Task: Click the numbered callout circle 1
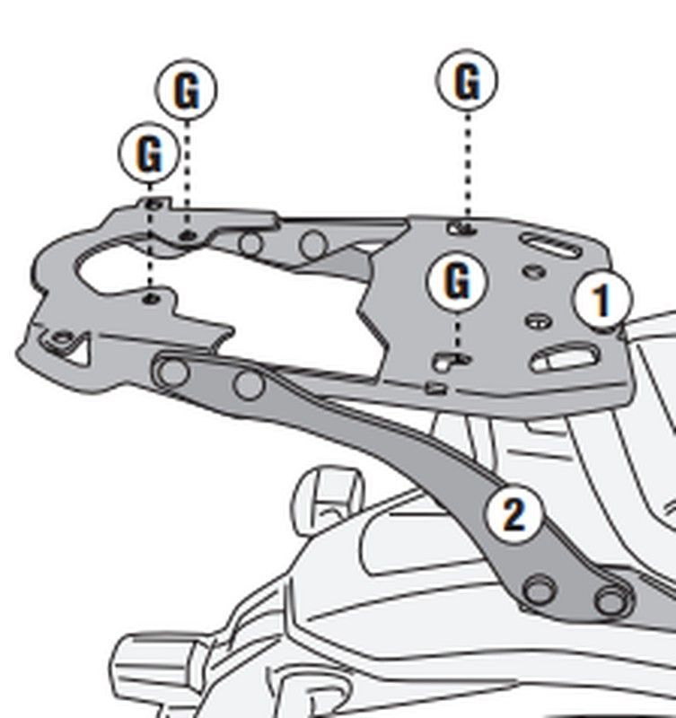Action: [602, 299]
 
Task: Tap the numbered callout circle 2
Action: [514, 515]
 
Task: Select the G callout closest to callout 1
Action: [458, 282]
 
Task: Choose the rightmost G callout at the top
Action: [467, 82]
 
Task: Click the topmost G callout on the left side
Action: [187, 91]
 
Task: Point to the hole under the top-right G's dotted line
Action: [464, 228]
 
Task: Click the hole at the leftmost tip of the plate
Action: [61, 339]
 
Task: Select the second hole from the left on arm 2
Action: [248, 384]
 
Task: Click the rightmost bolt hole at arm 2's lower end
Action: [610, 599]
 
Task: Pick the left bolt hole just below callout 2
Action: [539, 590]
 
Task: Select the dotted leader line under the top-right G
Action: [467, 166]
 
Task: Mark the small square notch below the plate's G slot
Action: [435, 388]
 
